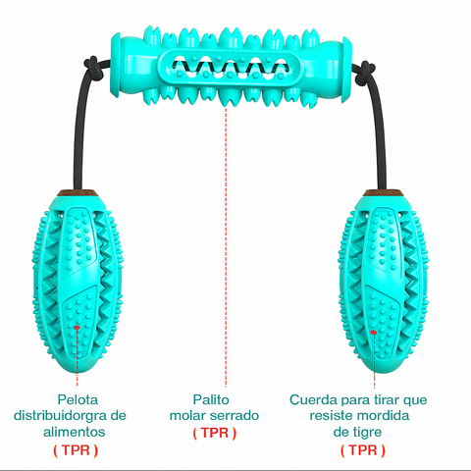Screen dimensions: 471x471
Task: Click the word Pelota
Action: [x=78, y=399]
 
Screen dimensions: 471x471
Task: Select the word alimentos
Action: [x=75, y=432]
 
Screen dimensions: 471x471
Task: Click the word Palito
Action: [x=211, y=399]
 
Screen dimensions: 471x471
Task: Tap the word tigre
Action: [x=367, y=433]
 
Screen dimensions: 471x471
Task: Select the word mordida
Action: [x=385, y=416]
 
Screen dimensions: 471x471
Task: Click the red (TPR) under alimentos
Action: [x=76, y=450]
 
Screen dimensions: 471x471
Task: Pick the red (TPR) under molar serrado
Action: [x=215, y=433]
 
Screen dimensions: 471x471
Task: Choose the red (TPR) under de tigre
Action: [x=363, y=450]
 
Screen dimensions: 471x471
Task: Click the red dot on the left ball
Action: [x=77, y=327]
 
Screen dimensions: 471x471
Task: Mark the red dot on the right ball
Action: [x=374, y=333]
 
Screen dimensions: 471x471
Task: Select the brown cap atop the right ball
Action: [x=383, y=192]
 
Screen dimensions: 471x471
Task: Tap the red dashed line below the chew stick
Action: [x=226, y=247]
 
